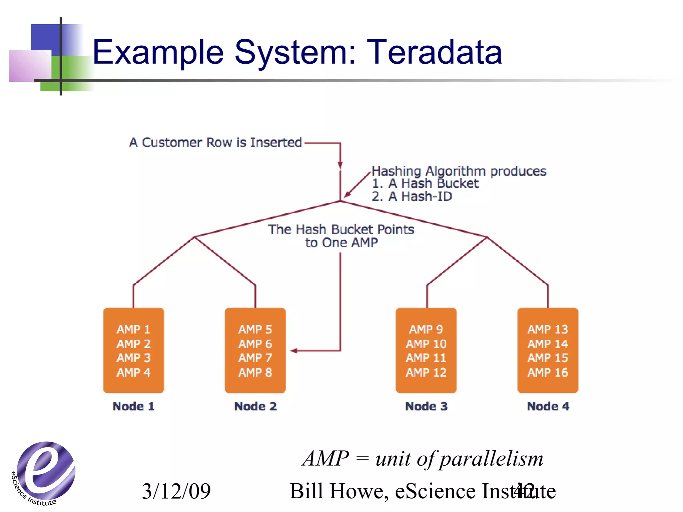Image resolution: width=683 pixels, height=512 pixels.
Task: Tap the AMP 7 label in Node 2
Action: click(x=255, y=358)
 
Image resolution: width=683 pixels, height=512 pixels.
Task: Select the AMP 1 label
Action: click(x=133, y=329)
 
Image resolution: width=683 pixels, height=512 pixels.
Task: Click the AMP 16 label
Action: click(x=548, y=372)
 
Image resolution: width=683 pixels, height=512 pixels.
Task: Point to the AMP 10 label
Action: click(x=426, y=344)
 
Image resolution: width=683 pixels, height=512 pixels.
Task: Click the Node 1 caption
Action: click(x=133, y=406)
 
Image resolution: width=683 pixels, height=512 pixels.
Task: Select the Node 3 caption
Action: click(x=426, y=406)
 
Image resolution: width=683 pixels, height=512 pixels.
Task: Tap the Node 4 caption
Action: click(x=548, y=406)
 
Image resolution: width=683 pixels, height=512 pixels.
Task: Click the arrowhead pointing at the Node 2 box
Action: click(x=293, y=351)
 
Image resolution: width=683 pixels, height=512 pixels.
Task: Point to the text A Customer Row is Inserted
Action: click(x=215, y=143)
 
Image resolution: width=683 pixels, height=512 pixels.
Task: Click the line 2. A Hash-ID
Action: click(x=412, y=196)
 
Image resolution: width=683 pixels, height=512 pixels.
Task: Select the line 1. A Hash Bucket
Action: click(x=425, y=183)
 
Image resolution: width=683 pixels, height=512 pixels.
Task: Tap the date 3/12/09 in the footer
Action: click(x=176, y=491)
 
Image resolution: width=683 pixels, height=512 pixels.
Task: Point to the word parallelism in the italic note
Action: click(x=492, y=459)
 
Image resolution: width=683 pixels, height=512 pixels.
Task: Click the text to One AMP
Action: click(x=341, y=243)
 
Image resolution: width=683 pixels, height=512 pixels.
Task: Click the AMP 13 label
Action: click(x=548, y=329)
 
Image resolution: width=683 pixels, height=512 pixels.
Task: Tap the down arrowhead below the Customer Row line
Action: click(x=340, y=165)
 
